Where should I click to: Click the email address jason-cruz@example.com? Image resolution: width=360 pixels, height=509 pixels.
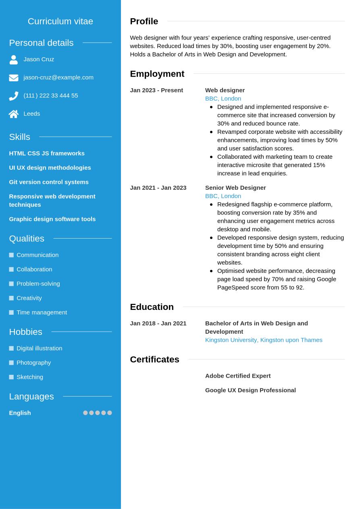pos(58,77)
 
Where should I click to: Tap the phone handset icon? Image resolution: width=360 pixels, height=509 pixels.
pos(14,96)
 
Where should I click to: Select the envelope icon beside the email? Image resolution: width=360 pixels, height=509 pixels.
pos(14,78)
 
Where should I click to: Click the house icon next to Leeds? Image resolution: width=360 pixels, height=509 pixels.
pos(14,114)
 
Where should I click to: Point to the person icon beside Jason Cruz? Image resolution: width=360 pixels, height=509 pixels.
pos(14,60)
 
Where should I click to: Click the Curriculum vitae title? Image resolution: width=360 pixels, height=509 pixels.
pos(60,21)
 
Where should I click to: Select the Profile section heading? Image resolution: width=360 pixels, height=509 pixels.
pos(144,21)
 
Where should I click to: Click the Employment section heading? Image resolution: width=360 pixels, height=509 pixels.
pos(157,74)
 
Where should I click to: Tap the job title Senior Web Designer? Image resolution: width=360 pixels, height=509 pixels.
pos(235,187)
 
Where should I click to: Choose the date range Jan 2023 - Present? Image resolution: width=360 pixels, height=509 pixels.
pos(156,90)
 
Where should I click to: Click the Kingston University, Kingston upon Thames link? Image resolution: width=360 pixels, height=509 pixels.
pos(264,340)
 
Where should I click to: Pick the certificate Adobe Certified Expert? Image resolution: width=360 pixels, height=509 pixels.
pos(238,376)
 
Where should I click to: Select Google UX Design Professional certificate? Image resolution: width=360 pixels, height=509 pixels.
pos(250,390)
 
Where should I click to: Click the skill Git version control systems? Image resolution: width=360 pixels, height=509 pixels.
pos(49,182)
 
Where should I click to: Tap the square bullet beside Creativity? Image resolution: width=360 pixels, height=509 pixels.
pos(11,298)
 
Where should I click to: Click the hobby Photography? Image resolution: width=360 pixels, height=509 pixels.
pos(33,362)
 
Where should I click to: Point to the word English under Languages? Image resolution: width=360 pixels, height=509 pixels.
pos(20,413)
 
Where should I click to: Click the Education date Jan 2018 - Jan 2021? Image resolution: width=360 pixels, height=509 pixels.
pos(158,323)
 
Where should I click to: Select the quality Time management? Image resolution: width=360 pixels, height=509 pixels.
pos(42,312)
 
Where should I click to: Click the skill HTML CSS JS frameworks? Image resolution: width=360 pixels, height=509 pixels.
pos(47,153)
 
